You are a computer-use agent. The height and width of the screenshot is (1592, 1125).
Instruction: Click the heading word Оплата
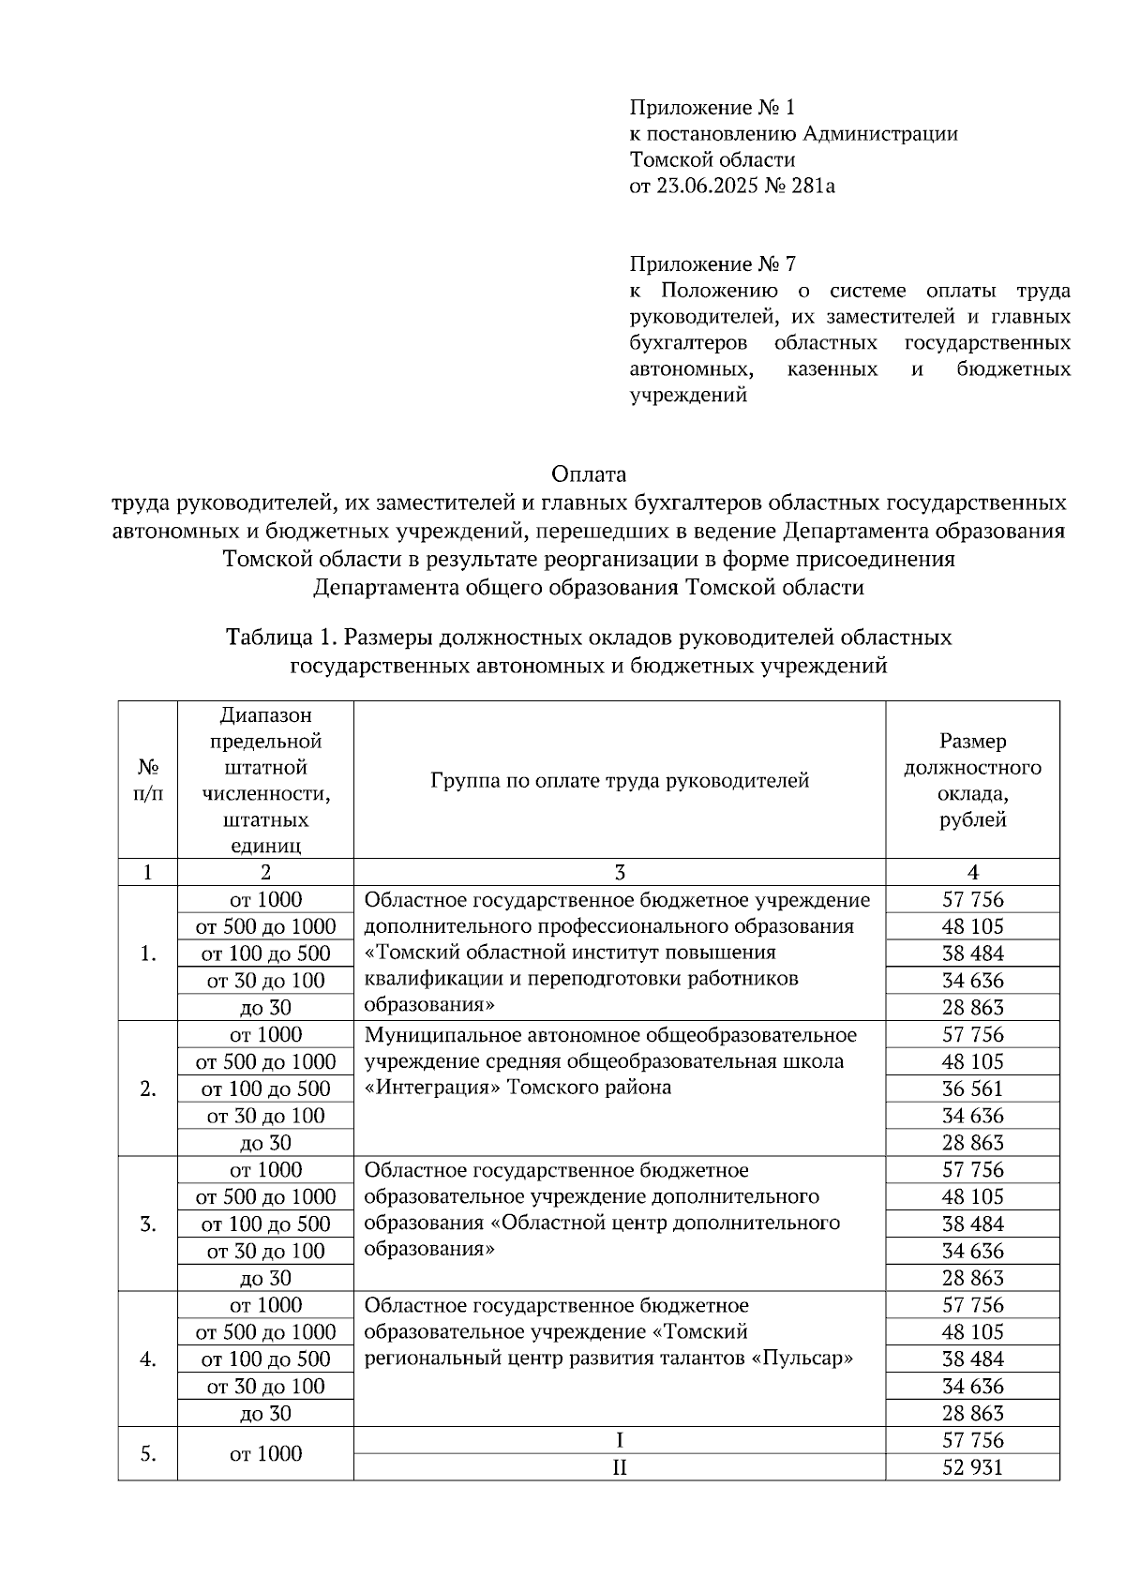point(589,473)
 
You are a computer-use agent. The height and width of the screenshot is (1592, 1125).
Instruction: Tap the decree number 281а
point(813,186)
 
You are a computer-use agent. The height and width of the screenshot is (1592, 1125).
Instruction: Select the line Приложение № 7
point(712,263)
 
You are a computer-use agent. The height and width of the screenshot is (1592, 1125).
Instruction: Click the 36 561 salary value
point(972,1089)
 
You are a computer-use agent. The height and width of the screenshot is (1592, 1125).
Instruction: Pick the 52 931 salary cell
point(972,1467)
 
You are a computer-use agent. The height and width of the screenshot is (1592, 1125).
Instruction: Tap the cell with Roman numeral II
point(619,1467)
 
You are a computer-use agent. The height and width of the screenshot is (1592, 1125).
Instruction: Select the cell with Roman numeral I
point(619,1440)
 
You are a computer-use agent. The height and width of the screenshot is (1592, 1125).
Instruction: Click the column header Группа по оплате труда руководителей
point(619,780)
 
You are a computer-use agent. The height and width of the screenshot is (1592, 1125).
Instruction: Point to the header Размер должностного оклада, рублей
point(972,780)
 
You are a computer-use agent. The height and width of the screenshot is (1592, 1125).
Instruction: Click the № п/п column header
point(147,780)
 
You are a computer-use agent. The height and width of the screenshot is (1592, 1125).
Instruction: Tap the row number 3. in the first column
point(147,1224)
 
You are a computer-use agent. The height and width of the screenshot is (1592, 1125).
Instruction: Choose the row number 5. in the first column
point(147,1454)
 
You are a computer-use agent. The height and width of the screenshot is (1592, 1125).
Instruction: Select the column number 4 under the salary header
point(972,873)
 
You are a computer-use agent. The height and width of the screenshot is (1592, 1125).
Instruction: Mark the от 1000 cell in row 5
point(265,1454)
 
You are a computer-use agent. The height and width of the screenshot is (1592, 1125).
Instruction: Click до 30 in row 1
point(265,1008)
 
